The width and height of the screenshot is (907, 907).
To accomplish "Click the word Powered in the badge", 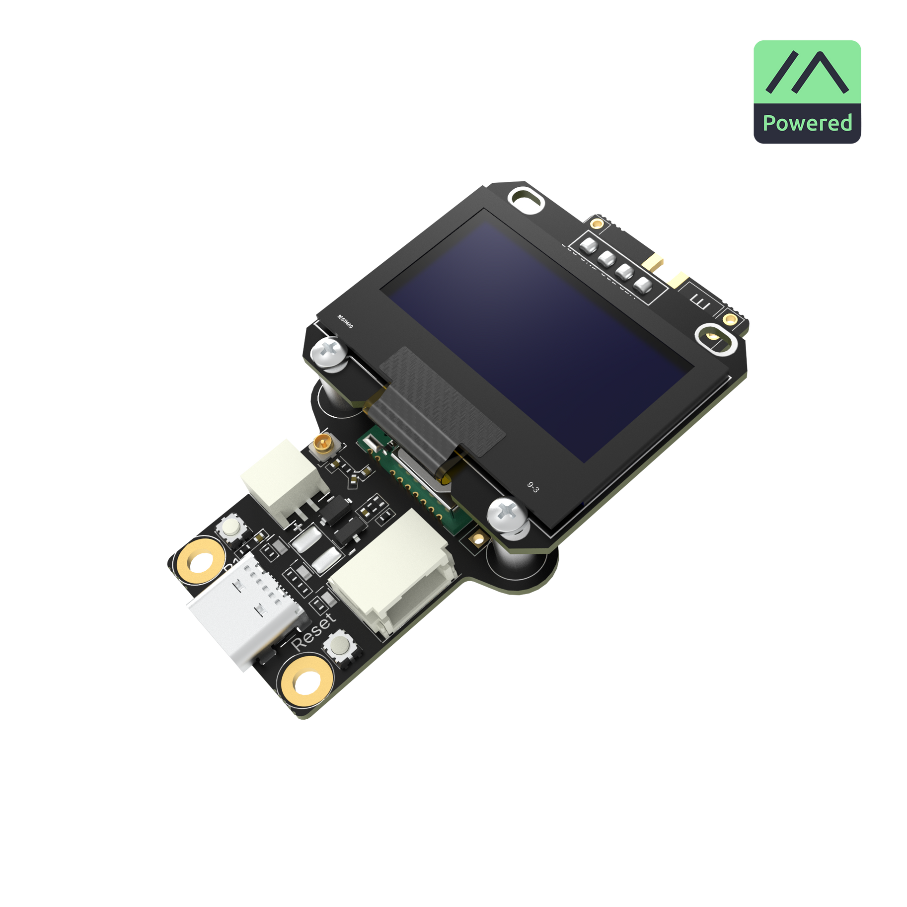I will [x=807, y=123].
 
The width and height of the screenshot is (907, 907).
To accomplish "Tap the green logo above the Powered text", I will [x=807, y=72].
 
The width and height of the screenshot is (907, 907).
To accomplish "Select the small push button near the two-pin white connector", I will [x=232, y=528].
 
